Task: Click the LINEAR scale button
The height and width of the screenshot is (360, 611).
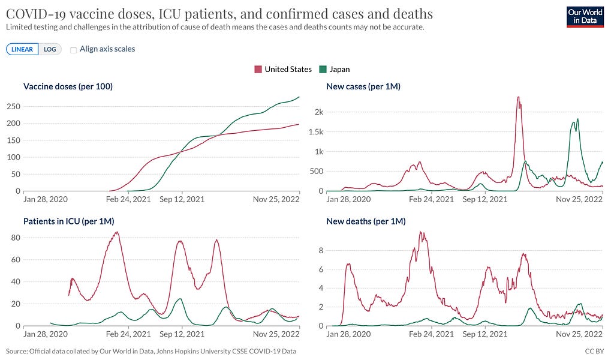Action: pos(22,49)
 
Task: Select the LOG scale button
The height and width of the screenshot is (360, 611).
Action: pos(50,49)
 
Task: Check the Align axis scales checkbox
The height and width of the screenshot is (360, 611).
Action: pos(74,49)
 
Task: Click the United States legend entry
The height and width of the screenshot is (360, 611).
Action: pos(283,69)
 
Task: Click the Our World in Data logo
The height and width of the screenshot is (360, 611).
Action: pos(585,17)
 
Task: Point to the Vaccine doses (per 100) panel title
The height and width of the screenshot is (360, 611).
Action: pos(68,86)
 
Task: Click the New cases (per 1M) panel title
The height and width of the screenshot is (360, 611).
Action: pos(363,86)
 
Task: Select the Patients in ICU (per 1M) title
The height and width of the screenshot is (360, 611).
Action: pos(68,221)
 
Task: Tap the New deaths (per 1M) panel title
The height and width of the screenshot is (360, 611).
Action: pos(366,221)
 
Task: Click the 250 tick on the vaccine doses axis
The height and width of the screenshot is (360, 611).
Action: pos(12,106)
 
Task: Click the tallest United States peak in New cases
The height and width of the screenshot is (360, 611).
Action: pos(518,97)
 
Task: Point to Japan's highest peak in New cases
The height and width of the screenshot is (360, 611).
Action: pos(577,119)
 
